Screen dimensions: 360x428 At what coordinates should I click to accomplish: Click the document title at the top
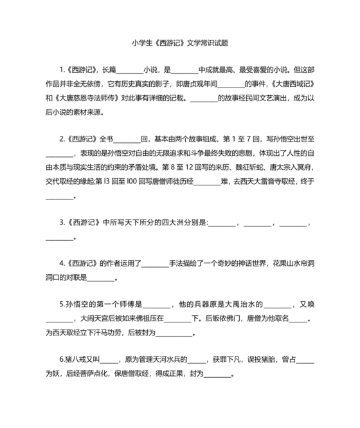point(179,43)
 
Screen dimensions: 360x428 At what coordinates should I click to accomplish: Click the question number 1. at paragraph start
point(62,70)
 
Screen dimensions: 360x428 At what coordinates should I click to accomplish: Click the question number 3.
point(62,223)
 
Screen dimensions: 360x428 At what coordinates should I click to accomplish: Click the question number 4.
point(62,264)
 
